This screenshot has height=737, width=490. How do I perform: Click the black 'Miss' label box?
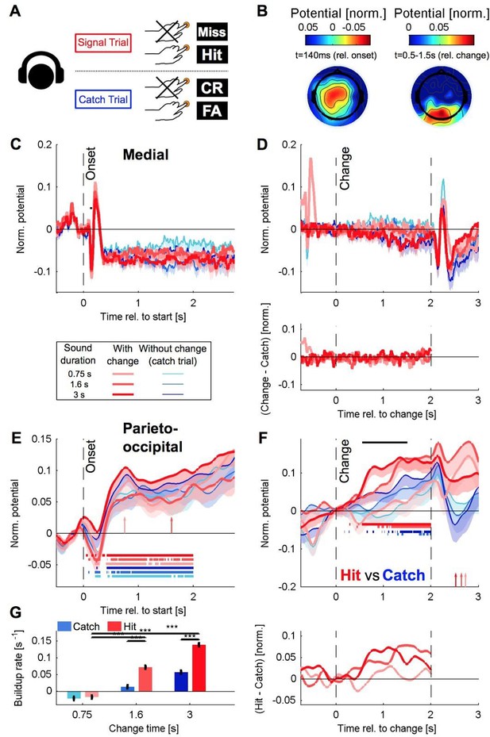[212, 32]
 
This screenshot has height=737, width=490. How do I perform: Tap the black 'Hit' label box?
[212, 55]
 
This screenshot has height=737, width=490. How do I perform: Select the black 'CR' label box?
[212, 88]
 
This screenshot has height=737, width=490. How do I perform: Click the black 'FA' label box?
[212, 111]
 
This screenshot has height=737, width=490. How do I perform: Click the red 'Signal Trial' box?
[102, 43]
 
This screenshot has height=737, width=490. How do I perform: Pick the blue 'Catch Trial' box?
[102, 99]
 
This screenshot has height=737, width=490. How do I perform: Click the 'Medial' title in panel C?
[146, 155]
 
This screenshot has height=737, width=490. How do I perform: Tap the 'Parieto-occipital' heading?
[152, 437]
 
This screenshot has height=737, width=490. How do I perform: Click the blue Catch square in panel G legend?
[64, 626]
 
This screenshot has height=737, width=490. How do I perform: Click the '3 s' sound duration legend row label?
[78, 395]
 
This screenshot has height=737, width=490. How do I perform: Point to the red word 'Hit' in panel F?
[351, 575]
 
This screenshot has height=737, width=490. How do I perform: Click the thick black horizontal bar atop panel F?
[384, 442]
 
